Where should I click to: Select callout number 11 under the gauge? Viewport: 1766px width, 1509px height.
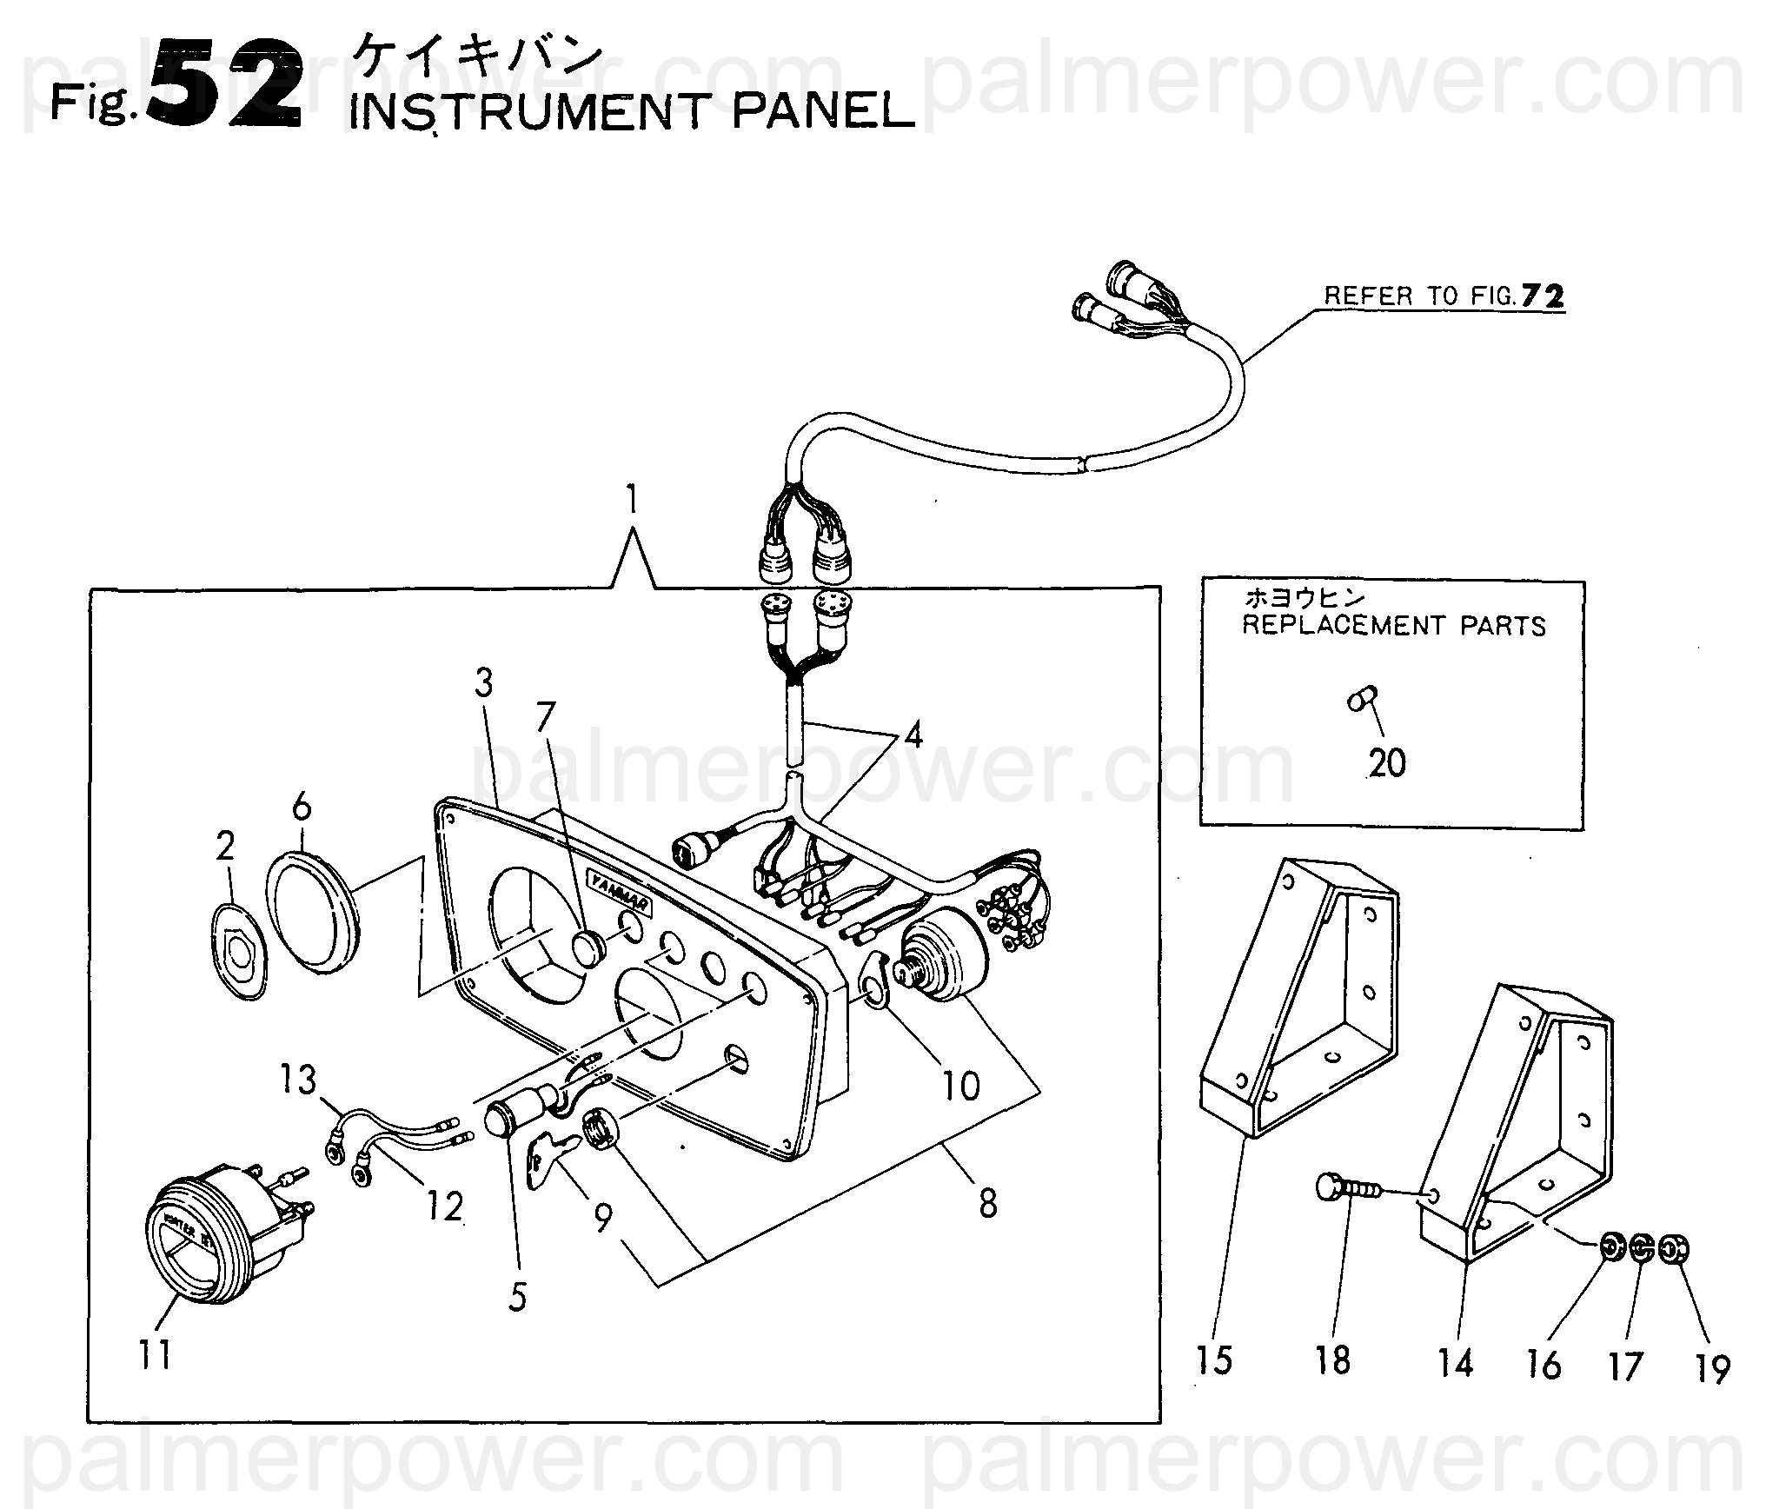click(x=155, y=1354)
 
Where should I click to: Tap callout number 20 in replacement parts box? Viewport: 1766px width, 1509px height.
click(x=1387, y=762)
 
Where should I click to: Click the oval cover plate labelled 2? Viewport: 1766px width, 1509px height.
click(x=241, y=952)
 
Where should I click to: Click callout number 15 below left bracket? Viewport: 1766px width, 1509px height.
click(x=1214, y=1360)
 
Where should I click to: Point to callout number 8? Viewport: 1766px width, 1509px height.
click(x=987, y=1204)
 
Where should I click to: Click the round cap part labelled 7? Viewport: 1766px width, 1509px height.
click(x=589, y=947)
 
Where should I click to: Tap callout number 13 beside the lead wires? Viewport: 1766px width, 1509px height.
click(x=298, y=1080)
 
